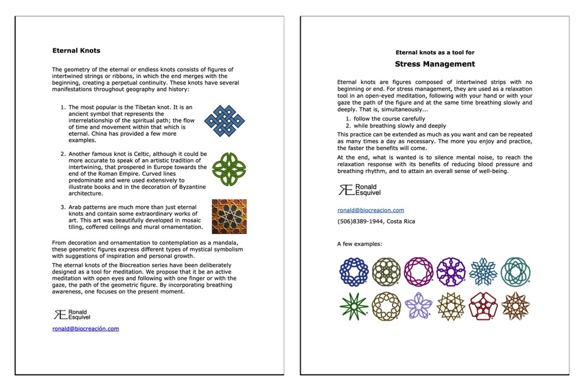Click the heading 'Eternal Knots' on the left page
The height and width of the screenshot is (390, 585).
76,50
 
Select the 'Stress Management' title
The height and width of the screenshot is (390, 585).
435,64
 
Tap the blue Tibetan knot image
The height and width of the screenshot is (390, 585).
225,120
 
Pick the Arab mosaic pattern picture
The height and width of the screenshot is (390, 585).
229,216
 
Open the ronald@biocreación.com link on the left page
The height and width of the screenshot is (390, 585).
86,328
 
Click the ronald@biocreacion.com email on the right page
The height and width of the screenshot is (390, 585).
371,210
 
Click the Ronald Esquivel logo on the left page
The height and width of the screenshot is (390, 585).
71,314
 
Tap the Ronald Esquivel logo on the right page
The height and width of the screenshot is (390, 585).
359,190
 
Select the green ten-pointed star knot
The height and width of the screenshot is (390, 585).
354,306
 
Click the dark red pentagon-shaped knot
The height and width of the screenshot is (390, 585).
483,306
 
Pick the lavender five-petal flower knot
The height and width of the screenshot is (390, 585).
419,305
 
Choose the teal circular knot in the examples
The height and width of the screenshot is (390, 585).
515,271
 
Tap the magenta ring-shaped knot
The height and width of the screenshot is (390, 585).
419,271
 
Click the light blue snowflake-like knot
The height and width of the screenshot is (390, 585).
483,271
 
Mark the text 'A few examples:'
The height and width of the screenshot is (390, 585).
359,244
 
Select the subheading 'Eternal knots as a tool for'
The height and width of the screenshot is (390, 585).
435,53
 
